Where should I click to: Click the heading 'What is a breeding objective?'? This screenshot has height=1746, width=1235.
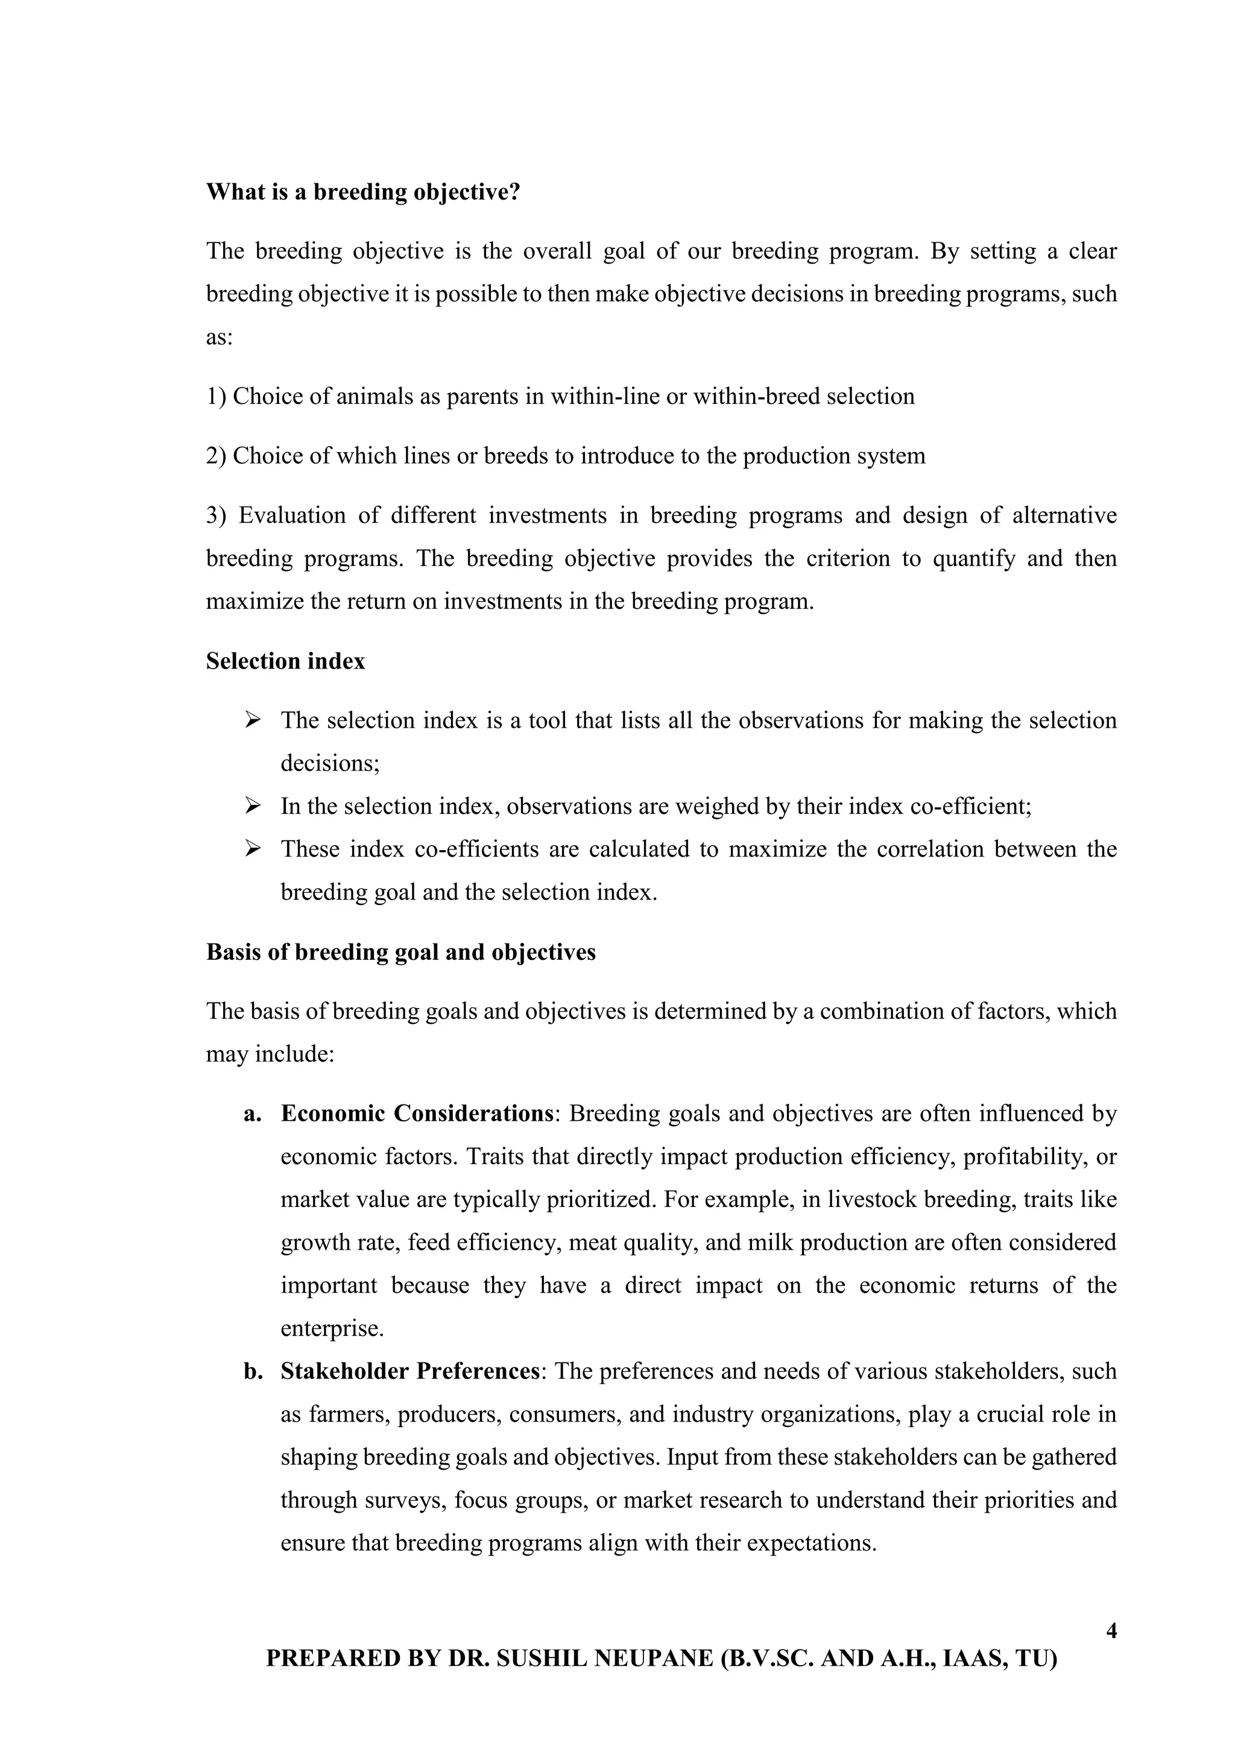pyautogui.click(x=363, y=192)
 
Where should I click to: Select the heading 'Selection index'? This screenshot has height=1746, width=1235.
pyautogui.click(x=285, y=661)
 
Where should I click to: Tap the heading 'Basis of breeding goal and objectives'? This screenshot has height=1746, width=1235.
pyautogui.click(x=401, y=952)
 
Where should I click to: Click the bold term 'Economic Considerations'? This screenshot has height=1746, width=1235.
pyautogui.click(x=417, y=1114)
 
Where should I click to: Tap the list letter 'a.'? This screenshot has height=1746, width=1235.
pyautogui.click(x=253, y=1114)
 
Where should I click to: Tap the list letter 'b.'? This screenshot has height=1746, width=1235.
pyautogui.click(x=253, y=1371)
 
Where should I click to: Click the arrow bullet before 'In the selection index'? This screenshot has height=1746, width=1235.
pyautogui.click(x=253, y=805)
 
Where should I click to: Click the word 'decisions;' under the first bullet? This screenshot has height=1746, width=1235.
pyautogui.click(x=330, y=763)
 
